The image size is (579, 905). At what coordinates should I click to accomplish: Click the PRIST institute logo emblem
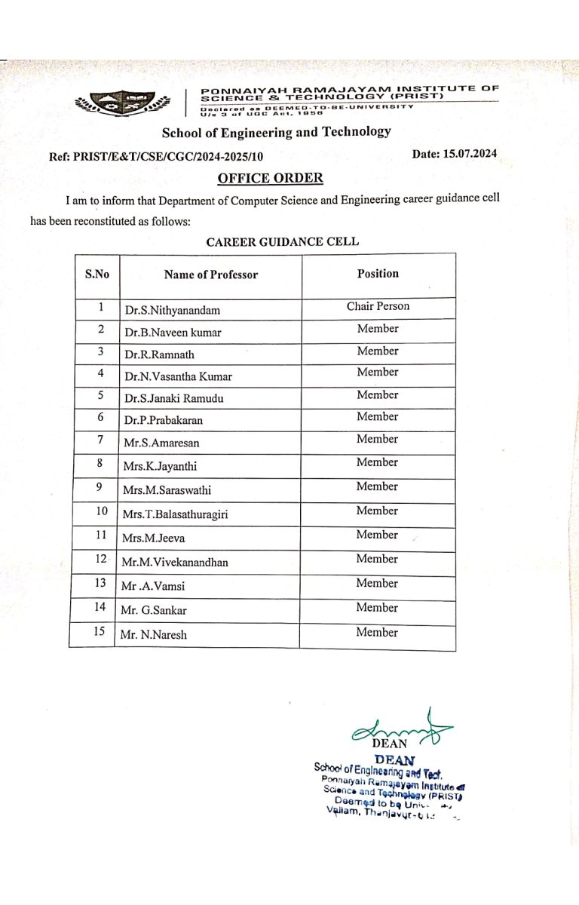tap(121, 103)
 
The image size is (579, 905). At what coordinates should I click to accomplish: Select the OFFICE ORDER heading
tap(270, 178)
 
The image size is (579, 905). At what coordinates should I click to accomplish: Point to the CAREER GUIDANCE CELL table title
tap(283, 242)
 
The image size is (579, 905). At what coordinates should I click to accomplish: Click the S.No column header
tap(96, 275)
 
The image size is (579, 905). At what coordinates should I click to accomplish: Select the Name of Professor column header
tap(211, 275)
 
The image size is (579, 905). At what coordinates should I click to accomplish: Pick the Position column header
tap(378, 274)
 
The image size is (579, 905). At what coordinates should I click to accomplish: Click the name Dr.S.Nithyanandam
tap(173, 310)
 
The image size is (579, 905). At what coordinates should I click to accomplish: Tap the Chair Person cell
tap(378, 306)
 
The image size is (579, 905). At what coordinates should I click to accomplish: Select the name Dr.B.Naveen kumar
tap(173, 332)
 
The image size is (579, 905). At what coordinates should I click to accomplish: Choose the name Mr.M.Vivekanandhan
tap(175, 563)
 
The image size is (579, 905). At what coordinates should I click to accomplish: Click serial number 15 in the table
tap(98, 632)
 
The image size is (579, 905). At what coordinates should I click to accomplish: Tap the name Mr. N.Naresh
tap(154, 635)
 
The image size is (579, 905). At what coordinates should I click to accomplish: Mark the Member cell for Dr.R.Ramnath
tap(378, 351)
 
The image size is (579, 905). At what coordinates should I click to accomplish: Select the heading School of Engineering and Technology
tap(276, 133)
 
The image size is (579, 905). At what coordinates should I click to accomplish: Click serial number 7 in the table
tap(100, 440)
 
